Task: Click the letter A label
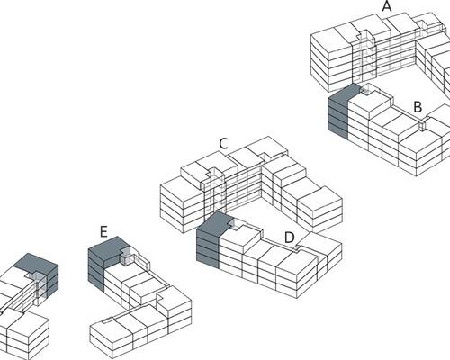point(387,6)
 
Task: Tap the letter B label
point(418,107)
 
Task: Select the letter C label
point(224,144)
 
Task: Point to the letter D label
point(290,238)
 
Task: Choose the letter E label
point(103,232)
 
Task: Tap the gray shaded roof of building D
point(213,223)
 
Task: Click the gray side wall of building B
point(338,119)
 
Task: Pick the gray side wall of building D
point(208,248)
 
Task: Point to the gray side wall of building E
point(96,269)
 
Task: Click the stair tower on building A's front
point(365,54)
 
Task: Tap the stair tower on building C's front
point(216,192)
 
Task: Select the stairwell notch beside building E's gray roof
point(127,256)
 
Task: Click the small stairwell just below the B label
point(422,124)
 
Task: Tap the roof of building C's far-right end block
point(319,199)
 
